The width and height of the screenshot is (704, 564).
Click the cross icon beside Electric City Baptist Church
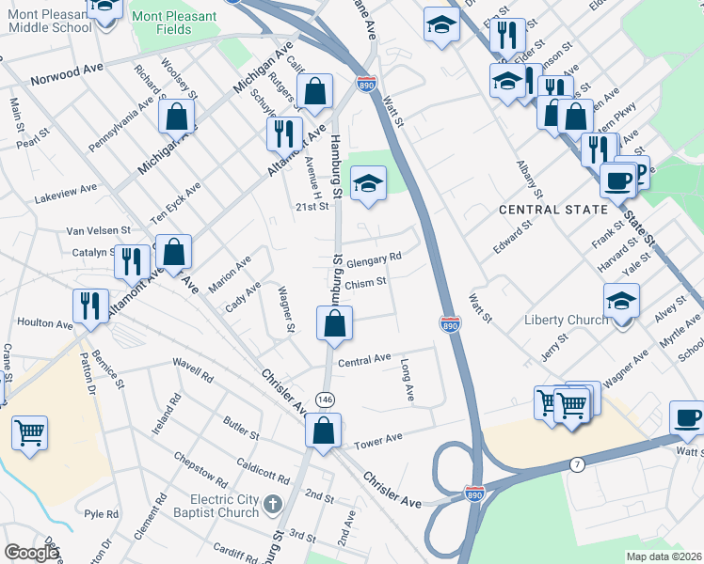[x=273, y=506]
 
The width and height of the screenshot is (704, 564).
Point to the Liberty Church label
[x=566, y=320]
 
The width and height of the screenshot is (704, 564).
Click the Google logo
[x=31, y=553]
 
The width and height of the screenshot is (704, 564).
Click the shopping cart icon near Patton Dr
[x=30, y=433]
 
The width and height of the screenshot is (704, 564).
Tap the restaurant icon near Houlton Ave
[x=89, y=305]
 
